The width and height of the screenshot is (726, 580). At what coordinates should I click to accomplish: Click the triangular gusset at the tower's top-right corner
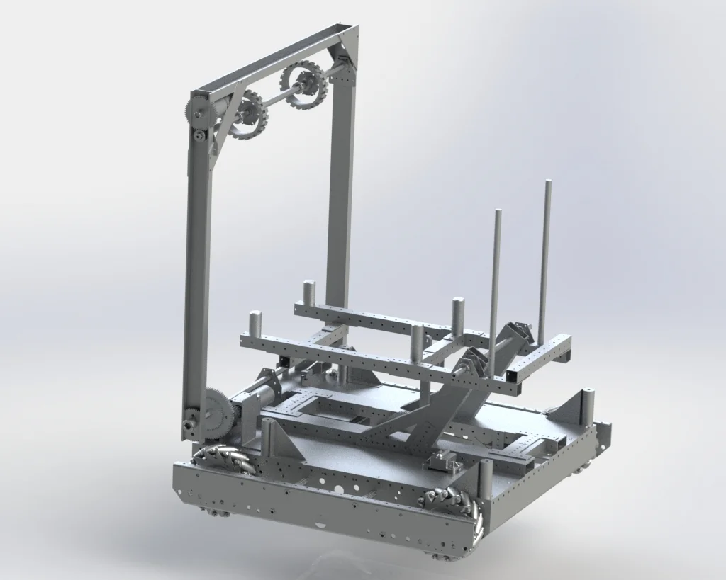(x=348, y=46)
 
